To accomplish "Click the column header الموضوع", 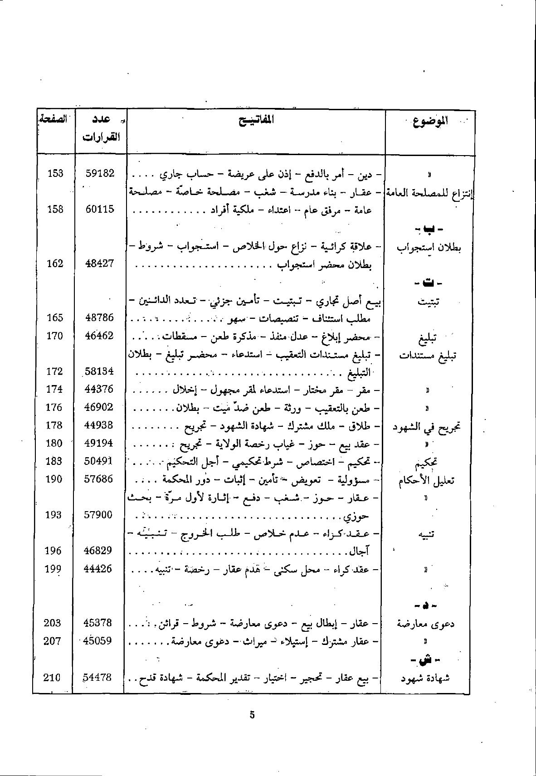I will point(430,122).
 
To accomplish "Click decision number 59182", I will point(100,173).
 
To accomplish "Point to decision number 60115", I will point(100,210).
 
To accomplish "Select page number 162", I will point(55,264).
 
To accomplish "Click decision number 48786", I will point(99,317).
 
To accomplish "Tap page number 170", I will point(54,336).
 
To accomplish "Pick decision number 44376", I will point(99,389).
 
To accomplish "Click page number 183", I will point(54,461).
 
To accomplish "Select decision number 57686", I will point(99,479).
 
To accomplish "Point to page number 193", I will point(54,515).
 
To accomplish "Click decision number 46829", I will point(98,551).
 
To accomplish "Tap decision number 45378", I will point(98,623).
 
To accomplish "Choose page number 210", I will point(52,678).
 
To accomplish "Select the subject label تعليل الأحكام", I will point(426,480).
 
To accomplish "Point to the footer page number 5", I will point(253,715).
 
